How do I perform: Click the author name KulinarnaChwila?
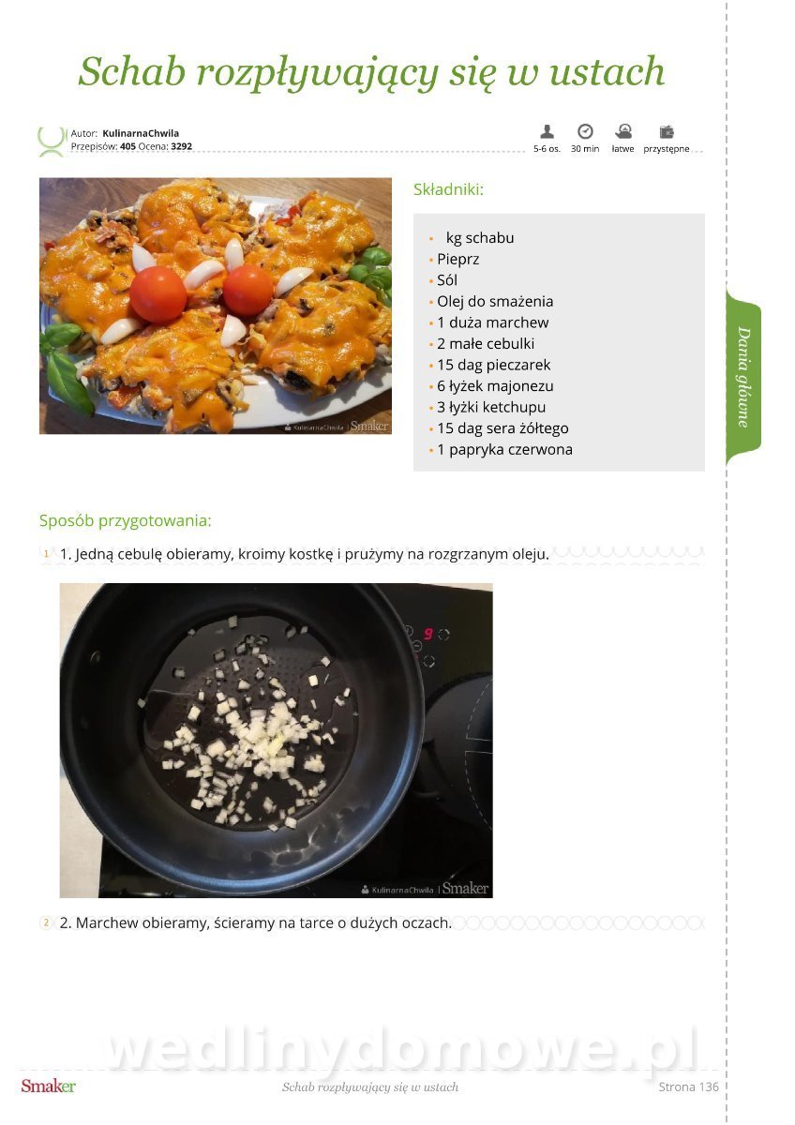[141, 133]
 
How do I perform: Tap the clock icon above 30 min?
[585, 131]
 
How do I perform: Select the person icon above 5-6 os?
[547, 131]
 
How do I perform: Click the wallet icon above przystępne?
[667, 131]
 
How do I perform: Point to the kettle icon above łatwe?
[623, 131]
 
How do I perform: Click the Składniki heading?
[448, 189]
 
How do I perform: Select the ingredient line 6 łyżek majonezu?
[495, 386]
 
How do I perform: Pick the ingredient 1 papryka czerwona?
[504, 449]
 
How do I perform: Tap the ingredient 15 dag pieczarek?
[494, 365]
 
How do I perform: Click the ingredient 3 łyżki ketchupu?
[491, 407]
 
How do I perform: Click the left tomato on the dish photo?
[158, 294]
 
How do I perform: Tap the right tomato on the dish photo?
[248, 291]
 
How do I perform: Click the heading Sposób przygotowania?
[125, 521]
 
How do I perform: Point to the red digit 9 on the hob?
[427, 634]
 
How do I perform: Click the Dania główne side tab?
[743, 377]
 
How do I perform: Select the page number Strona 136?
[688, 1087]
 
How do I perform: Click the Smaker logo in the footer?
[48, 1087]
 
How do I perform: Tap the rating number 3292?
[181, 146]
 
